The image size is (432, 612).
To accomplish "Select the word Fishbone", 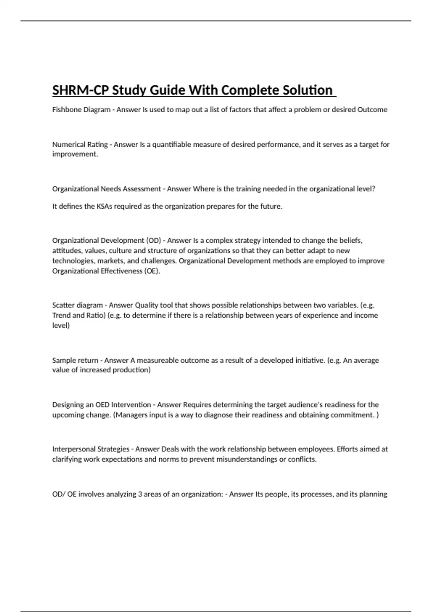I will pyautogui.click(x=67, y=110).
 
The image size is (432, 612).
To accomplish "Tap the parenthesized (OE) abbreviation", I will pyautogui.click(x=152, y=271).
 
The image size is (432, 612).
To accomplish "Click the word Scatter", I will pyautogui.click(x=63, y=305).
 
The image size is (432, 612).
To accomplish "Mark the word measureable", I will pyautogui.click(x=158, y=360).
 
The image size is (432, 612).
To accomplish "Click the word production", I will pyautogui.click(x=131, y=370).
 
